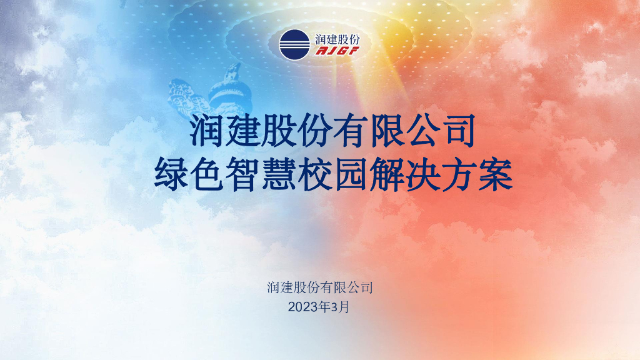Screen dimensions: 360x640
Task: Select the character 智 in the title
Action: (244, 176)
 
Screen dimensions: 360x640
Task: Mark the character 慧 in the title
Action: (279, 176)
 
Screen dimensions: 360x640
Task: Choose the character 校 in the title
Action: (316, 176)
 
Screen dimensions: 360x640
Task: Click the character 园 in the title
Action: (351, 176)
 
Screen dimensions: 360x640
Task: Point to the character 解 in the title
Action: (387, 176)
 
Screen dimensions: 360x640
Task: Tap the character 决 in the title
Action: (423, 176)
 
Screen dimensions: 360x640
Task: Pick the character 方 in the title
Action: (459, 176)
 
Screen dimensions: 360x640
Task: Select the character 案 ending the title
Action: (496, 176)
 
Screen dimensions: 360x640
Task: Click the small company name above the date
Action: (320, 288)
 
